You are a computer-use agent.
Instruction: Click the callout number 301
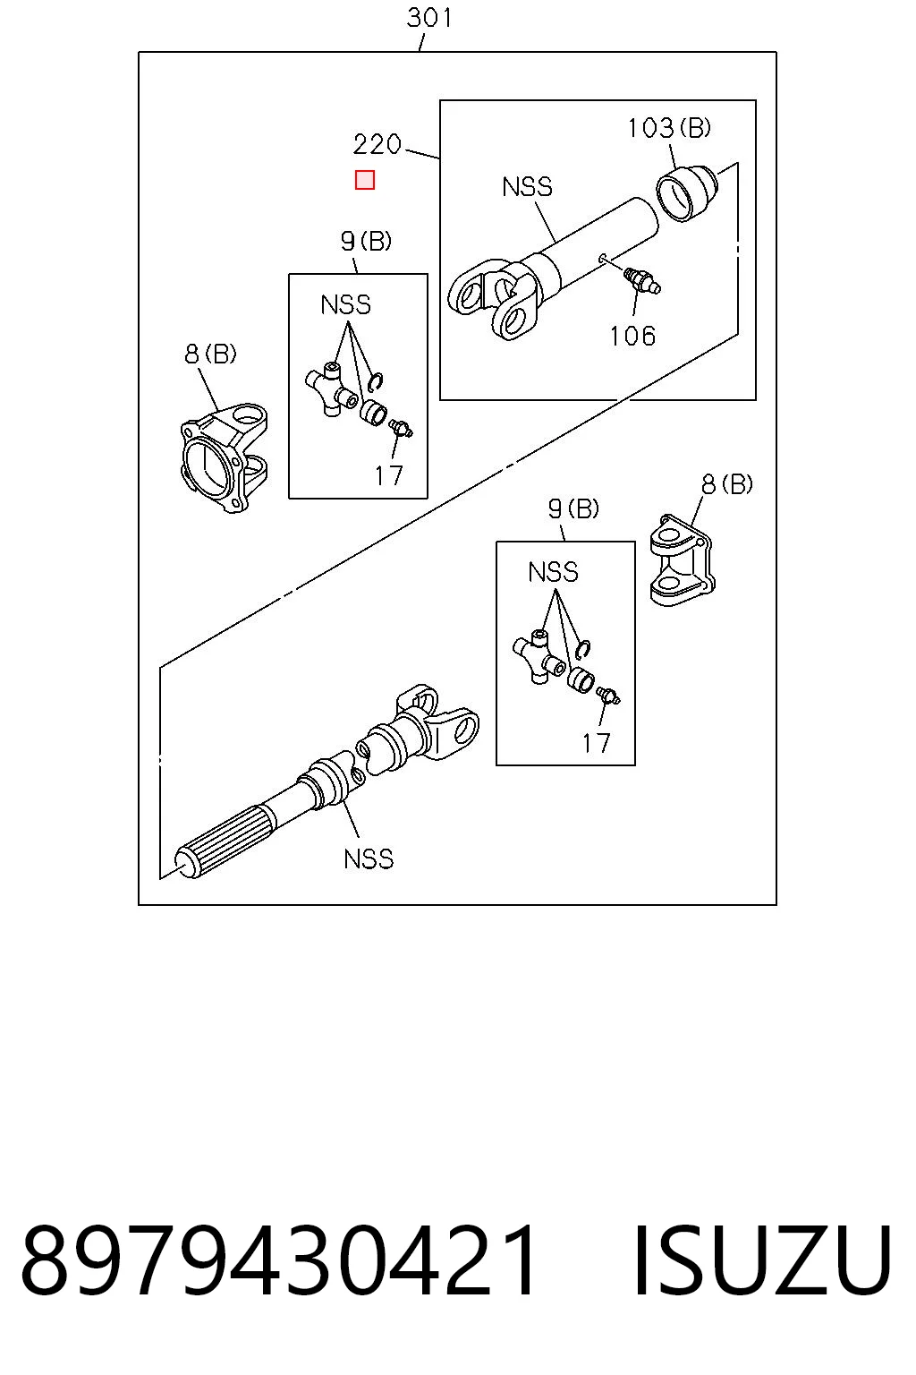(x=428, y=18)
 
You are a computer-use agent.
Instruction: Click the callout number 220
(x=377, y=144)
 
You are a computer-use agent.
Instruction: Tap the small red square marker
(x=364, y=180)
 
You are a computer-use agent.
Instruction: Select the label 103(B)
(x=669, y=128)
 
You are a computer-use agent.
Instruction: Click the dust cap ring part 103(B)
(x=686, y=192)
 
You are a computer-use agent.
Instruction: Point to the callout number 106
(x=632, y=336)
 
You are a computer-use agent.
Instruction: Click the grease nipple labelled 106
(x=641, y=280)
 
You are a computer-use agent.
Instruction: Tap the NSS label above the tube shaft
(x=527, y=186)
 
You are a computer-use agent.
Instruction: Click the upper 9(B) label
(x=366, y=241)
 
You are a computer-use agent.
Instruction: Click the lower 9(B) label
(x=573, y=508)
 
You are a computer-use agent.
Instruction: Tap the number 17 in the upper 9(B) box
(x=389, y=475)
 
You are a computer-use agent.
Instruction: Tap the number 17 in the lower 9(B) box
(x=596, y=743)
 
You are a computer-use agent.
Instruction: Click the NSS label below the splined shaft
(x=369, y=858)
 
